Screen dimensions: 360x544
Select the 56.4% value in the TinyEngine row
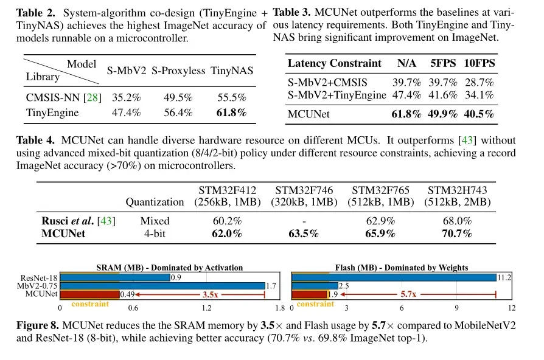(x=178, y=112)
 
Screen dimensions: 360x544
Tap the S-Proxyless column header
(x=178, y=71)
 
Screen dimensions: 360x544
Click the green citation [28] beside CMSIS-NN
(x=92, y=97)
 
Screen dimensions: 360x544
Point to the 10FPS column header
(x=479, y=63)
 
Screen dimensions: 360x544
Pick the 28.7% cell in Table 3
(x=479, y=83)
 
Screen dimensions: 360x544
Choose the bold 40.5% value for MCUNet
(x=479, y=114)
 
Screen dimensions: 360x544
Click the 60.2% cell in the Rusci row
(x=226, y=221)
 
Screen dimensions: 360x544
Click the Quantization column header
(x=155, y=201)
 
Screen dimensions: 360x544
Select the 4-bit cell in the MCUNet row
(x=155, y=233)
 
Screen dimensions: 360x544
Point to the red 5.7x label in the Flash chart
(x=408, y=294)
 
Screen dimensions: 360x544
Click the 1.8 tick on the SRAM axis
(x=279, y=308)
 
